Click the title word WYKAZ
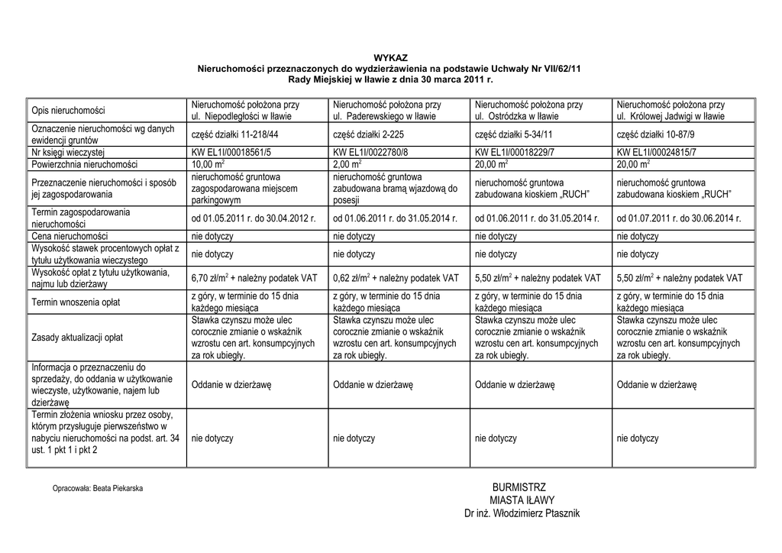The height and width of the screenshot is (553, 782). coord(390,58)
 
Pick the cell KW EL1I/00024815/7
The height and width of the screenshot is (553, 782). coord(657,153)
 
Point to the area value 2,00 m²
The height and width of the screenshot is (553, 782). coord(347,164)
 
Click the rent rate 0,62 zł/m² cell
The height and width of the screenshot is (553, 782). coord(396,278)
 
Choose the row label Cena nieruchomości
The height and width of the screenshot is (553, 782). coord(69,237)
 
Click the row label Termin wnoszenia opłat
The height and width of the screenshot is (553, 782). coord(75,302)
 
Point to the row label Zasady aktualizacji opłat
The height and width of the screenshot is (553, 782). coord(77,338)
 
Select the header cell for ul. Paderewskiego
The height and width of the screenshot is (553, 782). coord(386,110)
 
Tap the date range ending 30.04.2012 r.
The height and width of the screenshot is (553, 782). coord(254,218)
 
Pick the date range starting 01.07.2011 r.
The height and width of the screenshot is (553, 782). coord(679,218)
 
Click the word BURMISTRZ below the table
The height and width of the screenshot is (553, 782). coord(519,487)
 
